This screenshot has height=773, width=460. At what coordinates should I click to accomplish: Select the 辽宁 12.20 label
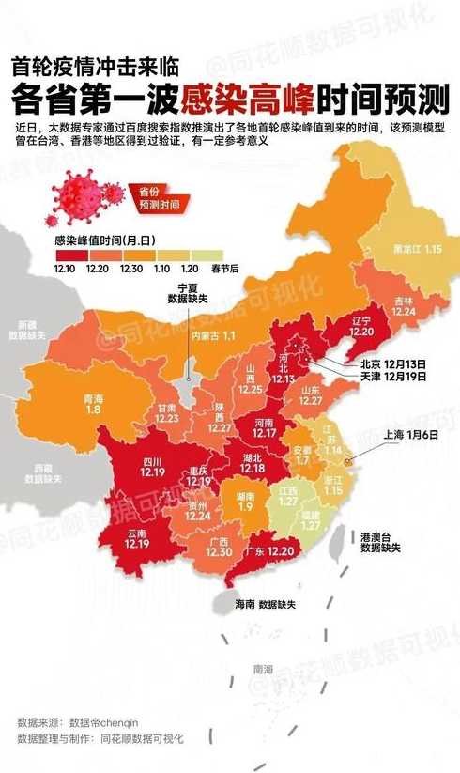(x=361, y=326)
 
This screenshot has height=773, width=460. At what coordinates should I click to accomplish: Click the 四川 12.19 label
(x=153, y=466)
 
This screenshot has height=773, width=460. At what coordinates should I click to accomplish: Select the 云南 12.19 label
(x=137, y=538)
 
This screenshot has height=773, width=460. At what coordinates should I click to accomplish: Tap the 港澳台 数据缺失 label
(x=381, y=540)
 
